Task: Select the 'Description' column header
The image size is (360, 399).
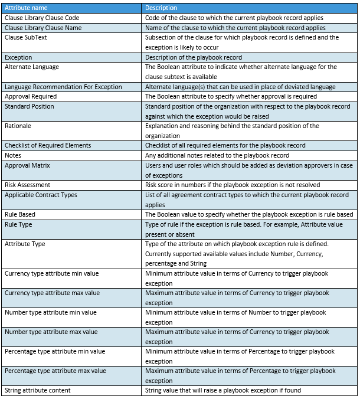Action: click(161, 8)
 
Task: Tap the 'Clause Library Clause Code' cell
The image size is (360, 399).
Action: click(42, 18)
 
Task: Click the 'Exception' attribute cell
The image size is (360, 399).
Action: click(18, 57)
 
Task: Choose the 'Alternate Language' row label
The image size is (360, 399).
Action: click(32, 67)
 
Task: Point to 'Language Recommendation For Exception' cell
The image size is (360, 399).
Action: click(63, 87)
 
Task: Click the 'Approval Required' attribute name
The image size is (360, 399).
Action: click(31, 96)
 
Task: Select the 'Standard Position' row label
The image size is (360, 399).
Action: click(30, 106)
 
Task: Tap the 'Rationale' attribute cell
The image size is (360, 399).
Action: click(18, 126)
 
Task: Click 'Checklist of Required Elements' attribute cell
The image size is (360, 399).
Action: click(48, 145)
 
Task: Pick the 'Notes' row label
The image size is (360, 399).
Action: click(13, 155)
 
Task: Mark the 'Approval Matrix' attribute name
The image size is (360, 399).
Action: click(28, 165)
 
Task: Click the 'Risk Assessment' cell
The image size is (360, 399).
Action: click(28, 185)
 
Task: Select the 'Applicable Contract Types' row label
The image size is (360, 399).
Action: click(41, 195)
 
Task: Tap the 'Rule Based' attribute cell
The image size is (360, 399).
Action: click(20, 214)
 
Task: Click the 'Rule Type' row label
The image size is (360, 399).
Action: click(18, 224)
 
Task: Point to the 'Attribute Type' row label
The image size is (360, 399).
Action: click(25, 244)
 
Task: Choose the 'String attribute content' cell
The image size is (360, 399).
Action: click(38, 390)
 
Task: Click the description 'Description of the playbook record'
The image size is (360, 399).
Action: click(191, 57)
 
